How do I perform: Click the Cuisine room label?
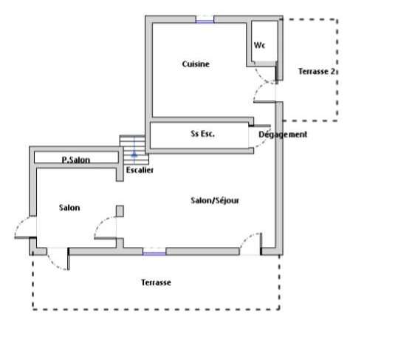pos(196,64)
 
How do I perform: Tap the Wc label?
pos(259,45)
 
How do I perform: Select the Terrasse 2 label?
pos(317,72)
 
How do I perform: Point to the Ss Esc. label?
pos(202,134)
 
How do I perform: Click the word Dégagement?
pos(283,135)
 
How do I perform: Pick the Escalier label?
pos(140,170)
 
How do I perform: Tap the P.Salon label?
pos(76,160)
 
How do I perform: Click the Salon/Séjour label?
pos(215,200)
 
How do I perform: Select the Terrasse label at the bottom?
pos(156,282)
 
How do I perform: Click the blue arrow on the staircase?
pos(134,154)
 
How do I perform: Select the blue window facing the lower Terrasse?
pos(154,253)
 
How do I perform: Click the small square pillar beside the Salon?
pos(120,211)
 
